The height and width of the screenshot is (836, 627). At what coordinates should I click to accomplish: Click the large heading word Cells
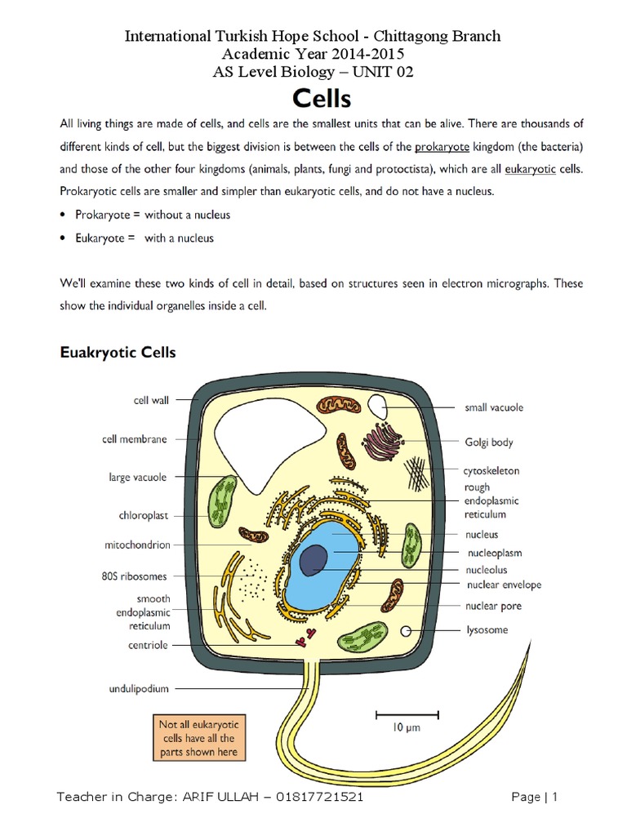(321, 99)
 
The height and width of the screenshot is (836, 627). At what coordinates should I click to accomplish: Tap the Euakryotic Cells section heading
(118, 354)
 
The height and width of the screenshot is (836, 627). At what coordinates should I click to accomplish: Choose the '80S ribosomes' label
(140, 576)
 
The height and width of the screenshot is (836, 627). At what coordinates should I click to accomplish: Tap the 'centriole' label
(148, 645)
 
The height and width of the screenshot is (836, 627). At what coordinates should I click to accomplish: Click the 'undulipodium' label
(139, 688)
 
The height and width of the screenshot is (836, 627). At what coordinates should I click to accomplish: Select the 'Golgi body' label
(488, 442)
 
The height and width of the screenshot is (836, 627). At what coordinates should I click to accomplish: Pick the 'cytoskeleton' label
(492, 471)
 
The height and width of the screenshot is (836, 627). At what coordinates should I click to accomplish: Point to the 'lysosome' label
(487, 629)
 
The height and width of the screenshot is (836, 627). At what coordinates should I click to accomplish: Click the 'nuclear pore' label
(493, 606)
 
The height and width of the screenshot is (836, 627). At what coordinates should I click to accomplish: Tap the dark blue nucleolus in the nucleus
(313, 560)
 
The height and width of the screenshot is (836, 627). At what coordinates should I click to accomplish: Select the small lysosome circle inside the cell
(406, 630)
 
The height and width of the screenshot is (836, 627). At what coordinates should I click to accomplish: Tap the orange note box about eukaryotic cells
(199, 738)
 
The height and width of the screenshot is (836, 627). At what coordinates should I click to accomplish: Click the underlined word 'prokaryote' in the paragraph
(443, 148)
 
